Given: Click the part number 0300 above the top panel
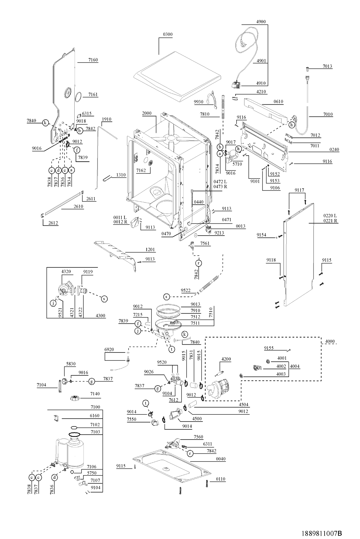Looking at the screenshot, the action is coord(168,34).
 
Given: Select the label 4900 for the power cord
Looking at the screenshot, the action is coord(261,22).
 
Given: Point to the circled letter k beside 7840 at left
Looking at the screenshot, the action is coord(45,123).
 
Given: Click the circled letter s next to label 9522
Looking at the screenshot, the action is coord(167,297).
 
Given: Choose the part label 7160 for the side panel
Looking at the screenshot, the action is coord(93,60).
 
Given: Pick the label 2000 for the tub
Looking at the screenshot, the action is coord(147,113).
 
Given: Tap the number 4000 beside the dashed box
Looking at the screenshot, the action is coord(330,341).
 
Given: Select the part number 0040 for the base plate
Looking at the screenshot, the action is coord(221,459).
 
